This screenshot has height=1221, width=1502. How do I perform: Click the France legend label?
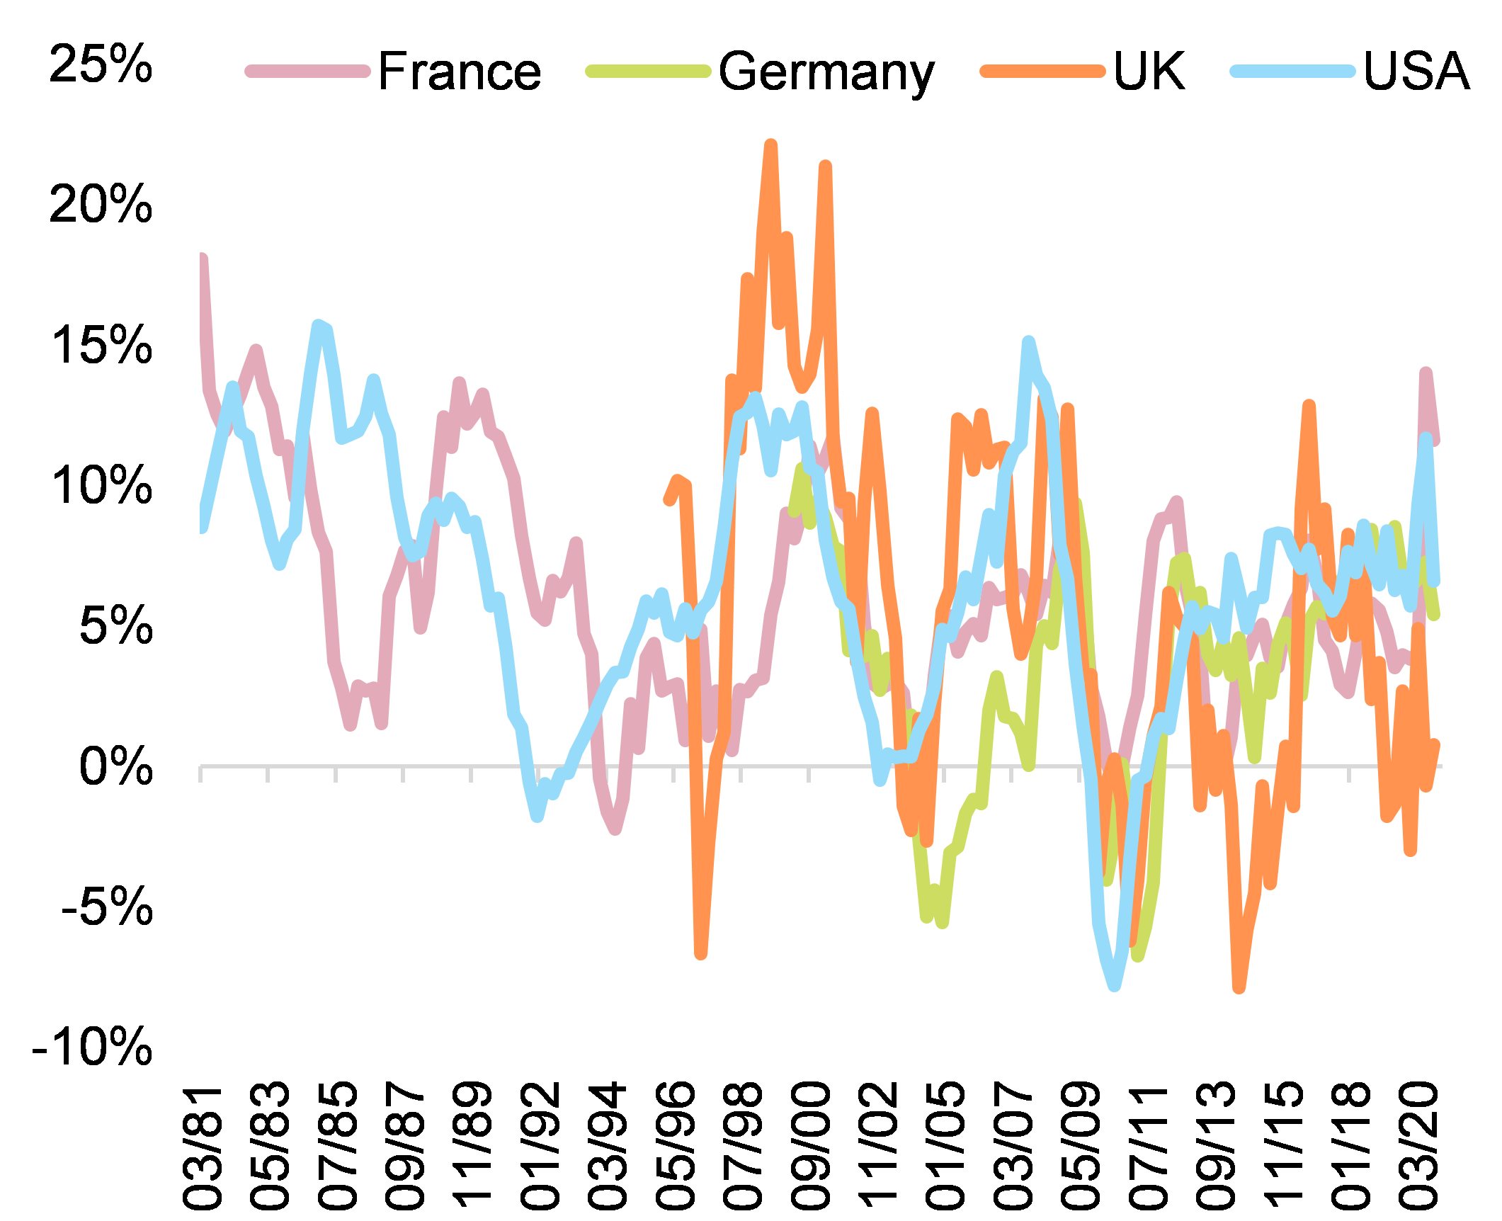(x=459, y=72)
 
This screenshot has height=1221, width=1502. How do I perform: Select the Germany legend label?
(x=826, y=72)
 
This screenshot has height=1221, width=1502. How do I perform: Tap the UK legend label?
(x=1149, y=72)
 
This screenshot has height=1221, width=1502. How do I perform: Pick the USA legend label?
(x=1416, y=72)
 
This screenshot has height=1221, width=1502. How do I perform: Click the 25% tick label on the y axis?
(x=101, y=64)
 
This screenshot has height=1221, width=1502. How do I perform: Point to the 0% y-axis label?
(x=115, y=766)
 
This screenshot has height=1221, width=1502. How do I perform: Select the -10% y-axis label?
(x=92, y=1047)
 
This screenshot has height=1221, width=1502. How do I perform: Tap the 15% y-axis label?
(x=101, y=346)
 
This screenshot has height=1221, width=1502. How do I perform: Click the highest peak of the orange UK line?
(x=771, y=145)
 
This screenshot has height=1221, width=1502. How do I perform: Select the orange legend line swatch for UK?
(x=1042, y=72)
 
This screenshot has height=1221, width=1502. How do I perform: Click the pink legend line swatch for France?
(x=307, y=72)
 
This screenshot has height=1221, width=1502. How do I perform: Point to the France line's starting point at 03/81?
(x=203, y=259)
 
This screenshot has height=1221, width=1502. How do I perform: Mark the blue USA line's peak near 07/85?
(x=319, y=325)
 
